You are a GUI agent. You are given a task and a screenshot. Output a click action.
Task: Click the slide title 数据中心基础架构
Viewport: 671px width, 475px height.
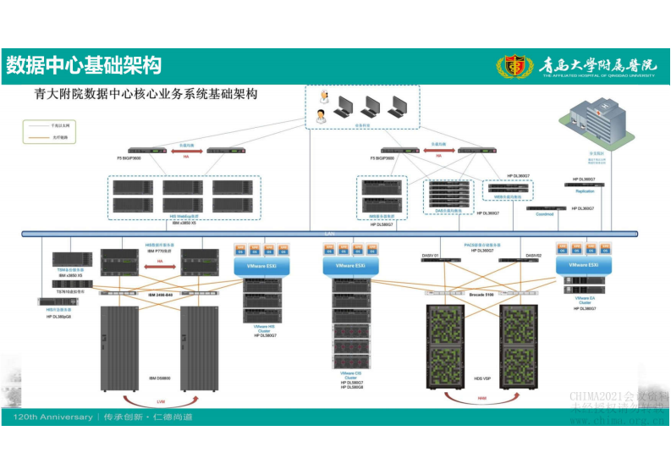click(x=83, y=65)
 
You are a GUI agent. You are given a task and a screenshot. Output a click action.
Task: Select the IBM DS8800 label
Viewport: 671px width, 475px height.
click(x=160, y=378)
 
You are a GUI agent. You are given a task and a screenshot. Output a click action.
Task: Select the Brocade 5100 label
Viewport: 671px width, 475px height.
click(x=481, y=294)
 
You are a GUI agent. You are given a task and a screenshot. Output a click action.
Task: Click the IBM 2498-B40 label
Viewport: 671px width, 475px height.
click(x=160, y=294)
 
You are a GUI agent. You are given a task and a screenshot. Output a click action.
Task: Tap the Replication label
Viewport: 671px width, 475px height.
click(x=585, y=191)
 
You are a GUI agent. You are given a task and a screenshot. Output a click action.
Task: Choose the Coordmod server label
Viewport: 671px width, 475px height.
click(x=544, y=214)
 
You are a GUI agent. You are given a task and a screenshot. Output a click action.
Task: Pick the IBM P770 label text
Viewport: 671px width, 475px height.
click(x=160, y=251)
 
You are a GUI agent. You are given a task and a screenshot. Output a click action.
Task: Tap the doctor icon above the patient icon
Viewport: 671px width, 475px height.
click(x=322, y=102)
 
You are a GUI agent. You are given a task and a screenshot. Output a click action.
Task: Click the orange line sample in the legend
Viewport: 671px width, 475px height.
click(x=37, y=136)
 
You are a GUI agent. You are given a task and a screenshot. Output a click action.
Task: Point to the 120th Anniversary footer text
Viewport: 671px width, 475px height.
click(x=52, y=417)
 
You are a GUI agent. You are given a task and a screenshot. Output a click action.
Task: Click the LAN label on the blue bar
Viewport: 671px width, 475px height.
click(x=330, y=232)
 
